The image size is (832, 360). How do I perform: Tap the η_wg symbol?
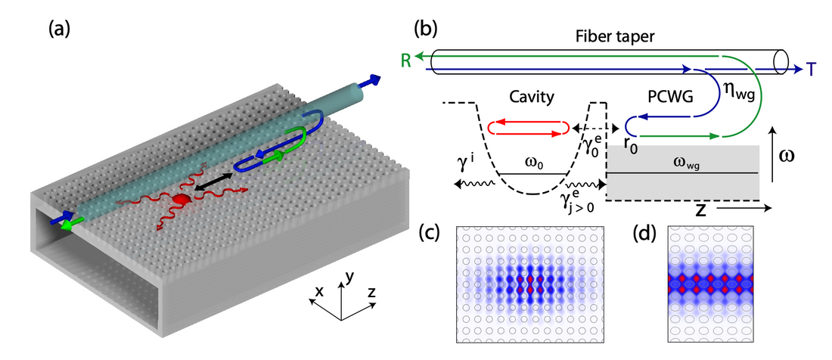(x=733, y=94)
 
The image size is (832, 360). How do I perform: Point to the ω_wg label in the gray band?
(x=687, y=161)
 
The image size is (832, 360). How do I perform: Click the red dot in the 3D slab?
(x=180, y=199)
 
